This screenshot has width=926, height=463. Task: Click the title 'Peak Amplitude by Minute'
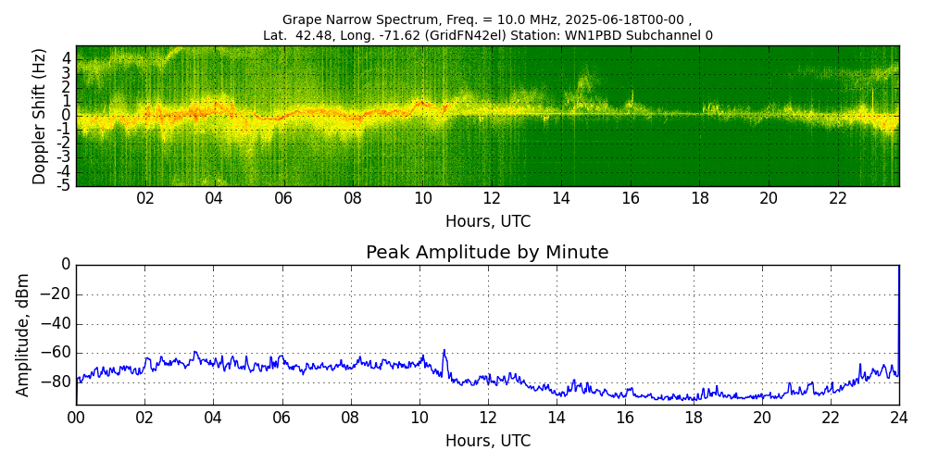point(487,253)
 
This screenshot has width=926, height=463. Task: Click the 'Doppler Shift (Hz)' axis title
point(40,116)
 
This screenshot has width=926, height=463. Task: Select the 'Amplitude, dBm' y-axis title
point(24,334)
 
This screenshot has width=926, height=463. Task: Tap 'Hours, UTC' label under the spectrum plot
point(488,222)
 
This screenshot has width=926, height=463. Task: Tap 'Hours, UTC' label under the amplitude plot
point(488,441)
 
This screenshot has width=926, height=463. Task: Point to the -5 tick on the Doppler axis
point(65,185)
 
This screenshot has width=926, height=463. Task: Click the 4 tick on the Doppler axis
point(67,57)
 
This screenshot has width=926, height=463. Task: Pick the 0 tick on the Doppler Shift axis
point(67,116)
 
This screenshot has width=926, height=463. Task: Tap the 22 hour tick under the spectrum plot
point(838,198)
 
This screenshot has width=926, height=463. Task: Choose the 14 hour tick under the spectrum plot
point(561,198)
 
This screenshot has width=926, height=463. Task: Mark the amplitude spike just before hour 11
point(444,351)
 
